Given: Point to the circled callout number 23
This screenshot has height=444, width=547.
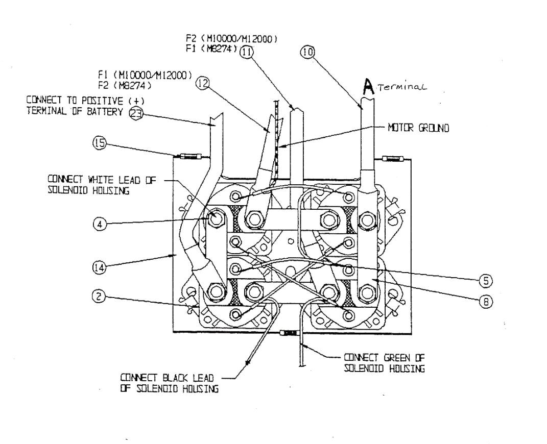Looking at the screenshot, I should (x=135, y=113).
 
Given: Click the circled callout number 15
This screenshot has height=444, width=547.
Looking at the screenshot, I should (x=99, y=144).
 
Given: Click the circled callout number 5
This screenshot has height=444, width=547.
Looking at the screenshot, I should (x=486, y=280).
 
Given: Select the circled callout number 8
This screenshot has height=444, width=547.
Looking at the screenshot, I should (x=486, y=302).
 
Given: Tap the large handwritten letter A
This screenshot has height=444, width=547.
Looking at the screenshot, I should (x=367, y=89).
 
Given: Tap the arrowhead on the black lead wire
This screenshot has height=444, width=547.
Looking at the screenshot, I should (x=248, y=363).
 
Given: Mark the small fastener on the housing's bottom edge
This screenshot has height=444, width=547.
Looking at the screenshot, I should (x=289, y=333).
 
